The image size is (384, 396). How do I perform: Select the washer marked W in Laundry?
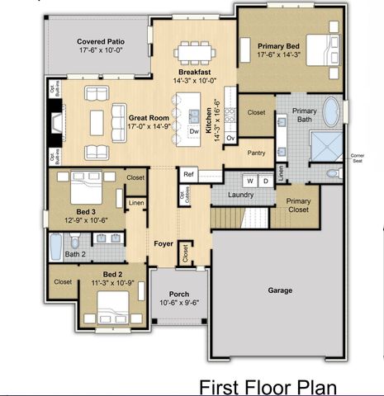coord(249,181)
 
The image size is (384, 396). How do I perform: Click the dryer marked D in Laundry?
coord(266,181)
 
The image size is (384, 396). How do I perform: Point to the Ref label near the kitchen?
coord(188,174)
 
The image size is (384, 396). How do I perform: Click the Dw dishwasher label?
coord(193,131)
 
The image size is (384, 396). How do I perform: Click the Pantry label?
coord(256,153)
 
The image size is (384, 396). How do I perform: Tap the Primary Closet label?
coord(297,205)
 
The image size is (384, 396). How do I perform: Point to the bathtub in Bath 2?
coord(56,246)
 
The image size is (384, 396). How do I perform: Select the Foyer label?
coord(164,244)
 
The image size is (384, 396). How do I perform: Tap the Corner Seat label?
coord(357,158)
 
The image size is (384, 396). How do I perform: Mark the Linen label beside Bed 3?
coord(135,202)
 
